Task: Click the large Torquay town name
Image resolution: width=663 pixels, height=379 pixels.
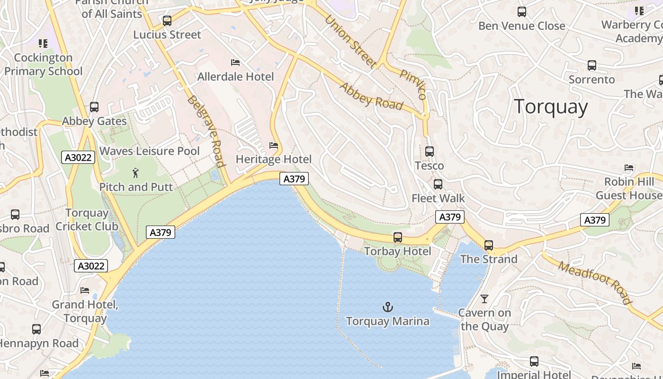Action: [x=551, y=107]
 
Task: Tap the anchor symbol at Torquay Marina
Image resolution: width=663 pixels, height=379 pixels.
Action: [x=388, y=307]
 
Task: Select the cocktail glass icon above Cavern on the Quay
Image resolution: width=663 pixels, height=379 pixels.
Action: [x=484, y=299]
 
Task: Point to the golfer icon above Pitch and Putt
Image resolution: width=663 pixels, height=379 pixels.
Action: [x=136, y=173]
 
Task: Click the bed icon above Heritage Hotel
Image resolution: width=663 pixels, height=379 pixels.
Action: [x=273, y=145]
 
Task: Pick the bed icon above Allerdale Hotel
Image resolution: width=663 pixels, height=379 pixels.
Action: [x=235, y=63]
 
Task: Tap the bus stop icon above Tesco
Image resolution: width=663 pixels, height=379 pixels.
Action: [x=430, y=152]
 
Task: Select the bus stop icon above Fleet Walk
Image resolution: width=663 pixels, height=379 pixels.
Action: [x=438, y=184]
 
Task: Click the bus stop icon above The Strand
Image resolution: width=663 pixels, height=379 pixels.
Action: [x=489, y=245]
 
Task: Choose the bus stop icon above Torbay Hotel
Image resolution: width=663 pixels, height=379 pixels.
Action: [x=398, y=237]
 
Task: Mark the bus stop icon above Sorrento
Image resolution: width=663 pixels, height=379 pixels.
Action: [x=591, y=65]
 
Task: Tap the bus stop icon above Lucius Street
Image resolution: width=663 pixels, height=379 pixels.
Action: [x=167, y=21]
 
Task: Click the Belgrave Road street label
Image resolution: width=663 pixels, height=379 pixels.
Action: [x=206, y=131]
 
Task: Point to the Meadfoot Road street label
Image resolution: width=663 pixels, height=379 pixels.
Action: [x=595, y=282]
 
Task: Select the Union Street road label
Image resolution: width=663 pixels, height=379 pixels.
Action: [x=350, y=41]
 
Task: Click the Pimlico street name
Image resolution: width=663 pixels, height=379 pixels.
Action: [x=413, y=84]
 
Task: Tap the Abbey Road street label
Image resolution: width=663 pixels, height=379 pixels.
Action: [x=371, y=96]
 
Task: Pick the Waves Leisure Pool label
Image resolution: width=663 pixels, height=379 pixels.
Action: [x=150, y=151]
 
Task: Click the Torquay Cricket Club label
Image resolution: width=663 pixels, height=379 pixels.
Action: [x=87, y=220]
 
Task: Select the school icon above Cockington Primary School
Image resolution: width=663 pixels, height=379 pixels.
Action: [x=43, y=44]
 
